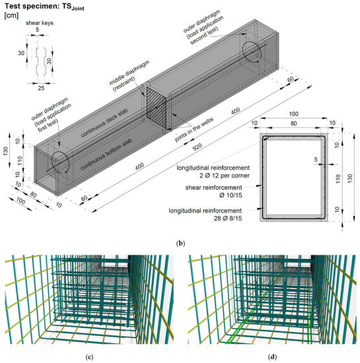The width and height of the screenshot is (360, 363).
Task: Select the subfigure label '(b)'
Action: pos(180,243)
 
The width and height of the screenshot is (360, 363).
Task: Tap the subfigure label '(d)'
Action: pos(271,357)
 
